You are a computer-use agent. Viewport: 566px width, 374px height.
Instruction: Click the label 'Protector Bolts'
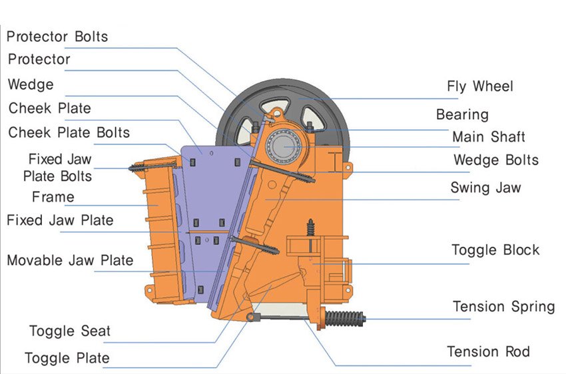coord(57,35)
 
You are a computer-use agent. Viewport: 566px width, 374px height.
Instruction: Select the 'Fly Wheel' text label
coord(479,87)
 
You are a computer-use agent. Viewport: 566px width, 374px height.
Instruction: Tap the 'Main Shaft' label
coord(488,137)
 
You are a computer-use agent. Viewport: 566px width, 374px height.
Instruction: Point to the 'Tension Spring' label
coord(503,307)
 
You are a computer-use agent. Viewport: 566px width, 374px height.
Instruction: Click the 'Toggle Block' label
coord(495,250)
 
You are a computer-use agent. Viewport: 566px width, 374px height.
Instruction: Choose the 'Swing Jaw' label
coord(485,188)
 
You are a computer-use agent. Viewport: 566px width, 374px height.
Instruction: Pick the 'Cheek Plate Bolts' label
coord(69,132)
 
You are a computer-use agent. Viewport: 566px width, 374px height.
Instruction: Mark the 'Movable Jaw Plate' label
coord(70,260)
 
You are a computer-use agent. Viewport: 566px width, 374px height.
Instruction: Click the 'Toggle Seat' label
coord(70,331)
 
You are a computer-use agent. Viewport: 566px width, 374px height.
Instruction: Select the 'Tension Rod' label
coord(488,351)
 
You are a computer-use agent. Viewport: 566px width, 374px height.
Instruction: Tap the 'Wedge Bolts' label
coord(495,160)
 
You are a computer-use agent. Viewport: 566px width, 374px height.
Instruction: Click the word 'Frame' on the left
coord(53,197)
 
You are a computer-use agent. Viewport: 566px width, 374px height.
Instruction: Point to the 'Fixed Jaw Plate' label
coord(60,220)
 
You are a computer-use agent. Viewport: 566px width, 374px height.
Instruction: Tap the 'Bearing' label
coord(462,114)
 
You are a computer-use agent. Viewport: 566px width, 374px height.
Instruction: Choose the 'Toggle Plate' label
coord(67,358)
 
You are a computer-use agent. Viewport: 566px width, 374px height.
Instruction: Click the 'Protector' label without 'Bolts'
coord(39,59)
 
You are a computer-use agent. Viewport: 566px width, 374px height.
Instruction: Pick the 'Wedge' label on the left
coord(31,85)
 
